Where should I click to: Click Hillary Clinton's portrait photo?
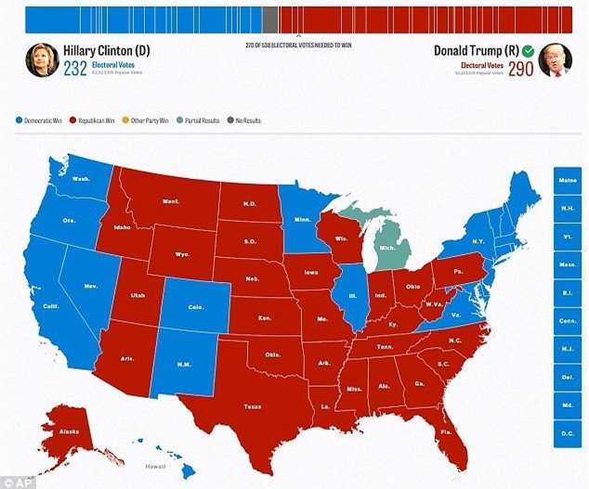tap(42, 59)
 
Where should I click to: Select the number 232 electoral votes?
tap(76, 69)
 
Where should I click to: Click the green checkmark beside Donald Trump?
tap(528, 50)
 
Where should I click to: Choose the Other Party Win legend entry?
tap(152, 120)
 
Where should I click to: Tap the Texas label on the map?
tap(252, 405)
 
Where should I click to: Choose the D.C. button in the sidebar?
tap(565, 431)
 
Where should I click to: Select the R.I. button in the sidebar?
tap(565, 291)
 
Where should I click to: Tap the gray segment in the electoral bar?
tap(269, 19)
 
